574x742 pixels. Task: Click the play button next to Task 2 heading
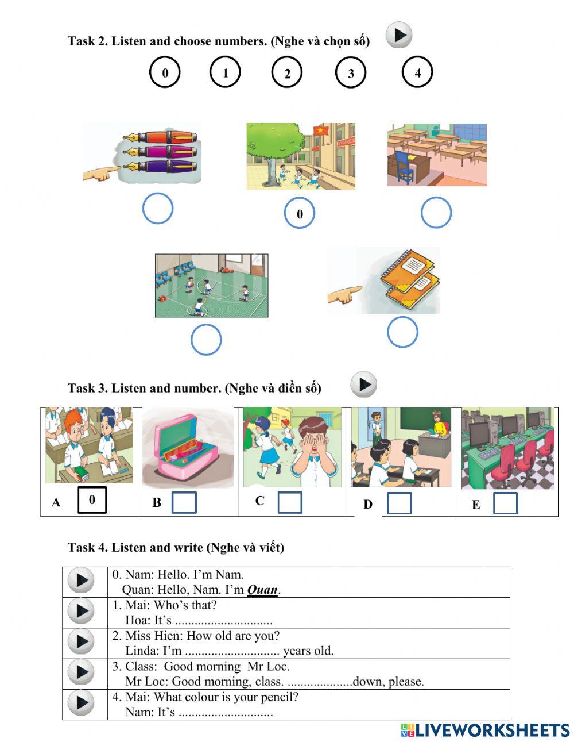click(x=399, y=35)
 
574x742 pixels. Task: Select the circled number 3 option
click(x=351, y=73)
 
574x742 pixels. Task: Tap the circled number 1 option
click(x=225, y=72)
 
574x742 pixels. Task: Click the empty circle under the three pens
click(x=158, y=208)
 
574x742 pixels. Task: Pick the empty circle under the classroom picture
click(x=436, y=213)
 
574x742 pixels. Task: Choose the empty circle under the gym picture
click(x=206, y=340)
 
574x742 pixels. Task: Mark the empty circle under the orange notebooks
click(x=402, y=332)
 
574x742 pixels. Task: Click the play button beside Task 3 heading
click(x=363, y=385)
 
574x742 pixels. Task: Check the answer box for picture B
click(x=184, y=502)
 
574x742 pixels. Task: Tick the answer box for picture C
click(x=290, y=502)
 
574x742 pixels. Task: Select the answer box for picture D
click(x=399, y=503)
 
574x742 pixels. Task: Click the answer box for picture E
click(x=505, y=503)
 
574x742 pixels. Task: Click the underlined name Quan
click(x=262, y=590)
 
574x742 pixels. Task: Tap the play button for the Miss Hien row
click(x=81, y=642)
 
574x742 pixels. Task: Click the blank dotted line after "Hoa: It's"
click(x=223, y=621)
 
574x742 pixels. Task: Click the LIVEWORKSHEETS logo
click(x=485, y=730)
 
